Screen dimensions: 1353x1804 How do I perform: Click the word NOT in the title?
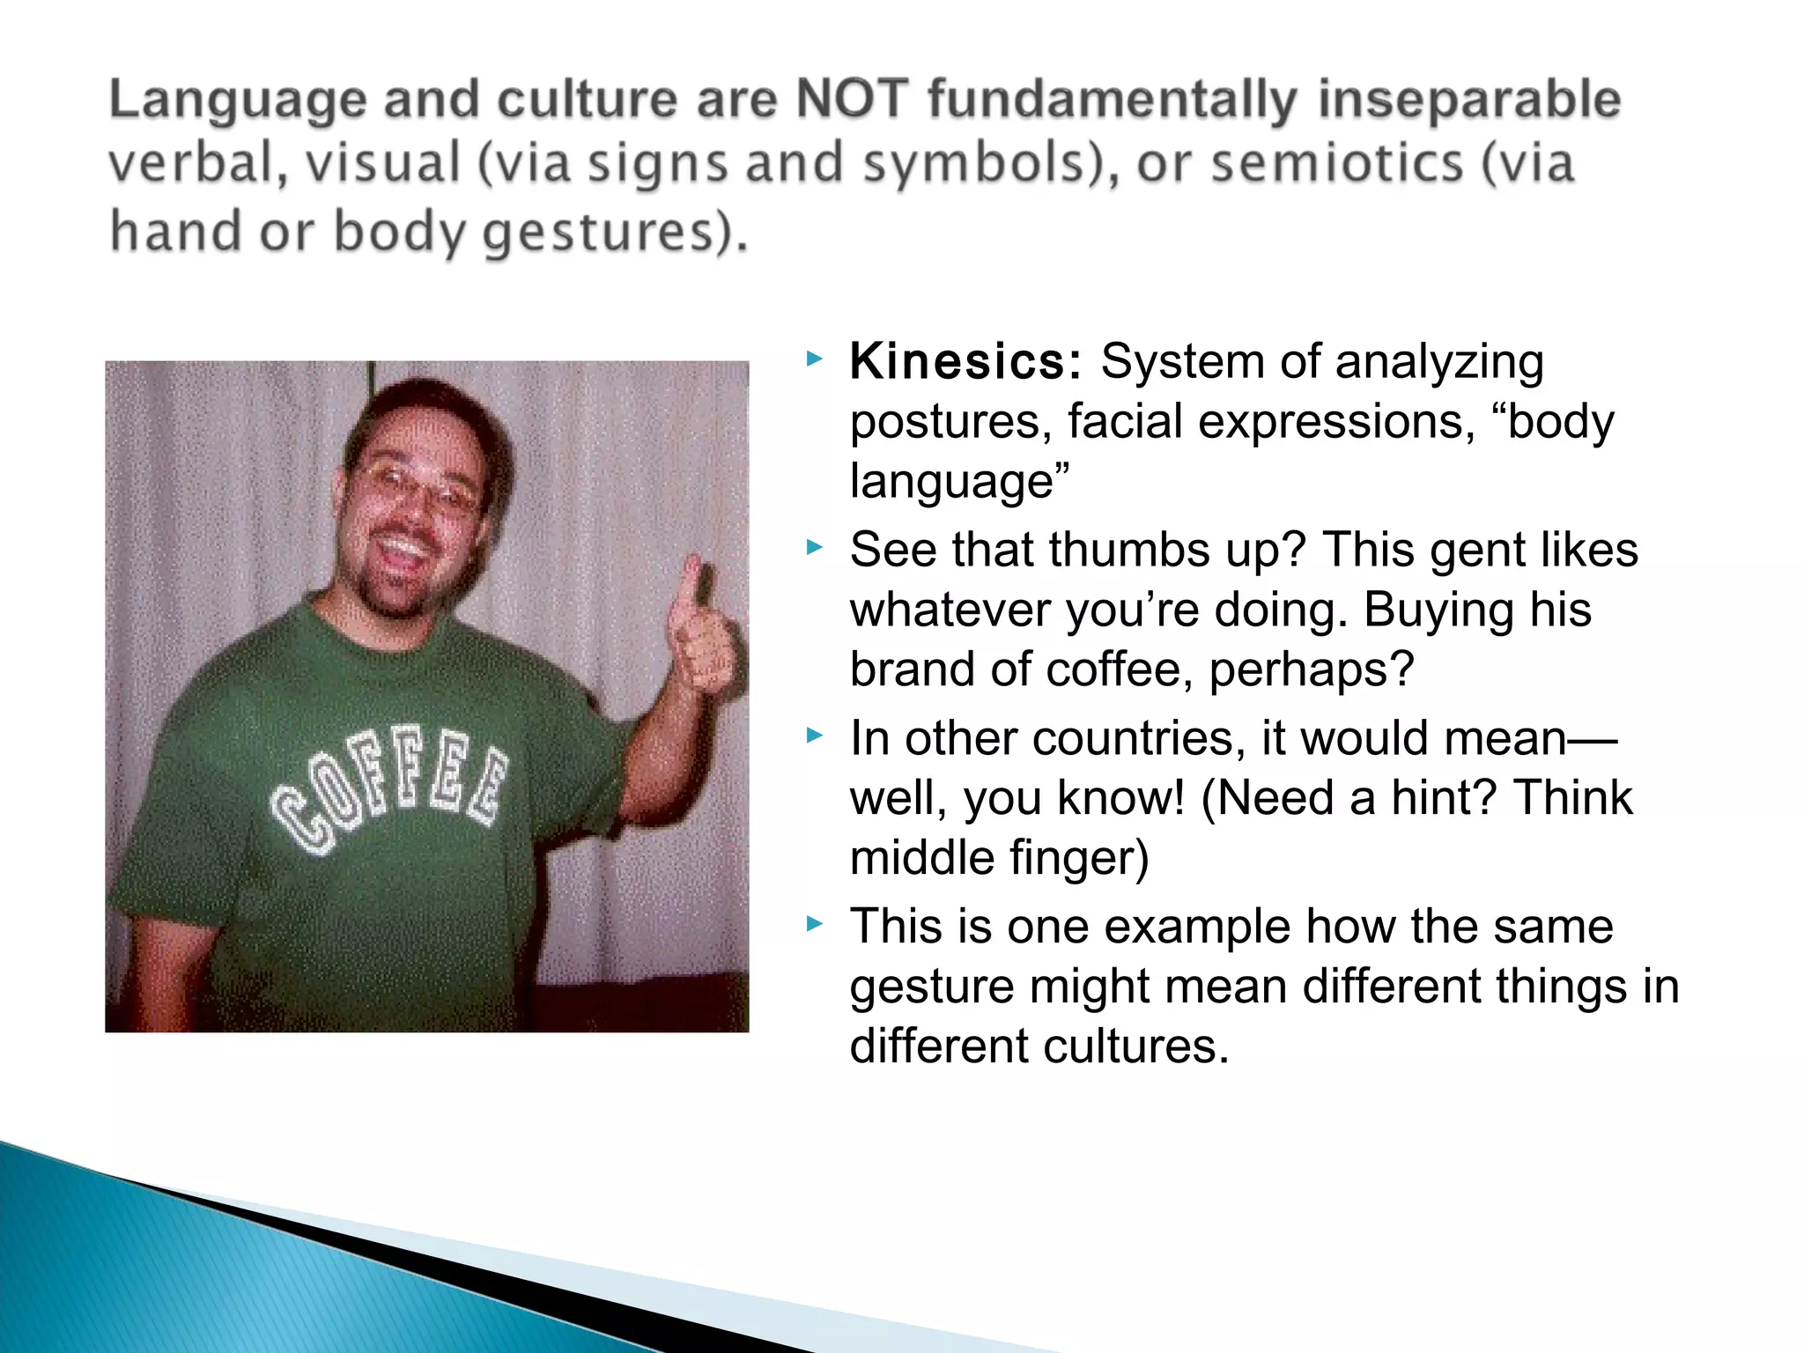coord(852,99)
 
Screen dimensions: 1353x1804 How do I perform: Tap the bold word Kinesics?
coord(965,362)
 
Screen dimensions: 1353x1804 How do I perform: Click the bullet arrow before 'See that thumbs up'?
coord(814,548)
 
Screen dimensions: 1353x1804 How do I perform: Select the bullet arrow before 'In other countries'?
coord(814,736)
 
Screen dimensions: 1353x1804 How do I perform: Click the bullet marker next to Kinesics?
coord(814,359)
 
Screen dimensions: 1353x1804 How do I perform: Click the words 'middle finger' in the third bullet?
coord(999,858)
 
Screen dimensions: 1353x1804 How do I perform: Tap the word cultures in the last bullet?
coord(1135,1046)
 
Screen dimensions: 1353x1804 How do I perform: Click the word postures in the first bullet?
coord(951,422)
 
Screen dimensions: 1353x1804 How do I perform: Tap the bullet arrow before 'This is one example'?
coord(814,924)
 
